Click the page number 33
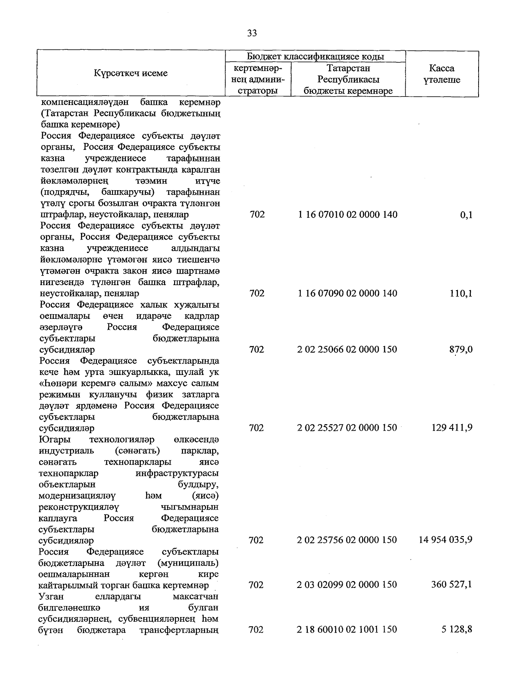coord(252,33)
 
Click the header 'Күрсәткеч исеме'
coord(131,73)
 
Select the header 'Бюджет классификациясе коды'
coord(315,57)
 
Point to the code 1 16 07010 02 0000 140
coord(347,215)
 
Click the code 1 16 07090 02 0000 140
coord(347,293)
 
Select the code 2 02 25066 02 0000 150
coord(347,349)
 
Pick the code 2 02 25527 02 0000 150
coord(347,428)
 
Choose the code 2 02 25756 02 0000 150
coord(347,540)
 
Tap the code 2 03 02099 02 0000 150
coord(347,585)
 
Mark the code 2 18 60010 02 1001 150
coord(347,629)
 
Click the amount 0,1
coord(466,215)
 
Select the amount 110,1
coord(461,293)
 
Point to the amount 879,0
coord(461,349)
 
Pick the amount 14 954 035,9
coord(445,540)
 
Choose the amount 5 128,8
coord(457,629)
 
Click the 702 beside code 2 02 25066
coord(257,349)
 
